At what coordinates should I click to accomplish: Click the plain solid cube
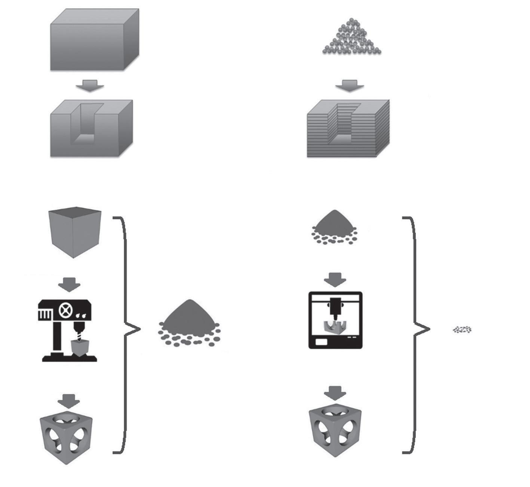[75, 232]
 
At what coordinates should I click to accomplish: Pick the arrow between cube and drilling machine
[69, 284]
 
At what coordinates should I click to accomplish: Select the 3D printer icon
[336, 320]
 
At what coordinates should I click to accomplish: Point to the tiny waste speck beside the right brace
[462, 330]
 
